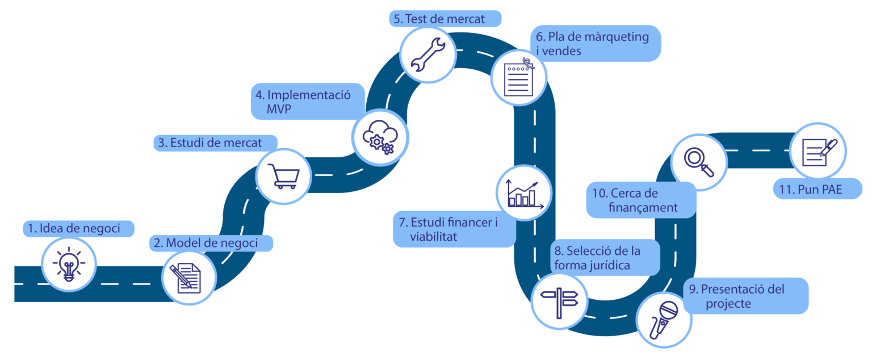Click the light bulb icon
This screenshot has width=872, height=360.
pos(69,265)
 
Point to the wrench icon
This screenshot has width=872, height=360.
pos(427,53)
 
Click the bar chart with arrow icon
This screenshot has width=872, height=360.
pos(523,194)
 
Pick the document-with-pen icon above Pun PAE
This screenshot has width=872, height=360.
pos(817,151)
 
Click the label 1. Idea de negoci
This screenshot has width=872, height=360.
pos(79,229)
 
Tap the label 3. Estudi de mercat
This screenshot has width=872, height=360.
pos(216,143)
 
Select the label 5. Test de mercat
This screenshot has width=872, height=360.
pos(445,19)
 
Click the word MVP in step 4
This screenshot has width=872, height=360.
pos(279,110)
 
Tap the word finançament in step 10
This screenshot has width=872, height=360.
pos(643,208)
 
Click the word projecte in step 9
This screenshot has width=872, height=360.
pos(728,304)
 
